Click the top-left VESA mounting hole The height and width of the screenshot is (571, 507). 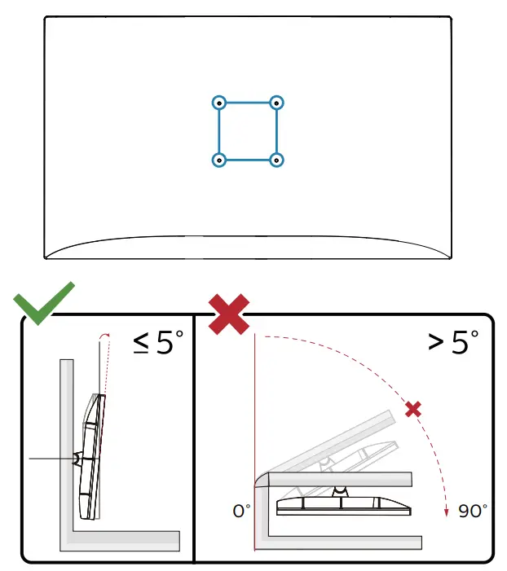(x=218, y=103)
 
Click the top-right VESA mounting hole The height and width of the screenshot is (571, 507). (x=277, y=103)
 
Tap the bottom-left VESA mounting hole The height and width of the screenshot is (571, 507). (x=218, y=160)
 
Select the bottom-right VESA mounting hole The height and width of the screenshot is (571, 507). (x=277, y=160)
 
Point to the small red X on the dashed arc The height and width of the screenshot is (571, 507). (x=413, y=409)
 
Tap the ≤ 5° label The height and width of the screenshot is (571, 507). (x=160, y=343)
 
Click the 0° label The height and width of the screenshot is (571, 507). (x=241, y=512)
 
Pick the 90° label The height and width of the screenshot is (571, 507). (x=473, y=512)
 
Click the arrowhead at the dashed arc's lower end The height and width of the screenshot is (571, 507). (x=446, y=512)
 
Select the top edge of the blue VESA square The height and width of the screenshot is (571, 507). (x=248, y=103)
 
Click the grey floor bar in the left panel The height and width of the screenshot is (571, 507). (x=122, y=540)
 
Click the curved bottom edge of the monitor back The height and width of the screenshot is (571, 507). (x=248, y=239)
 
